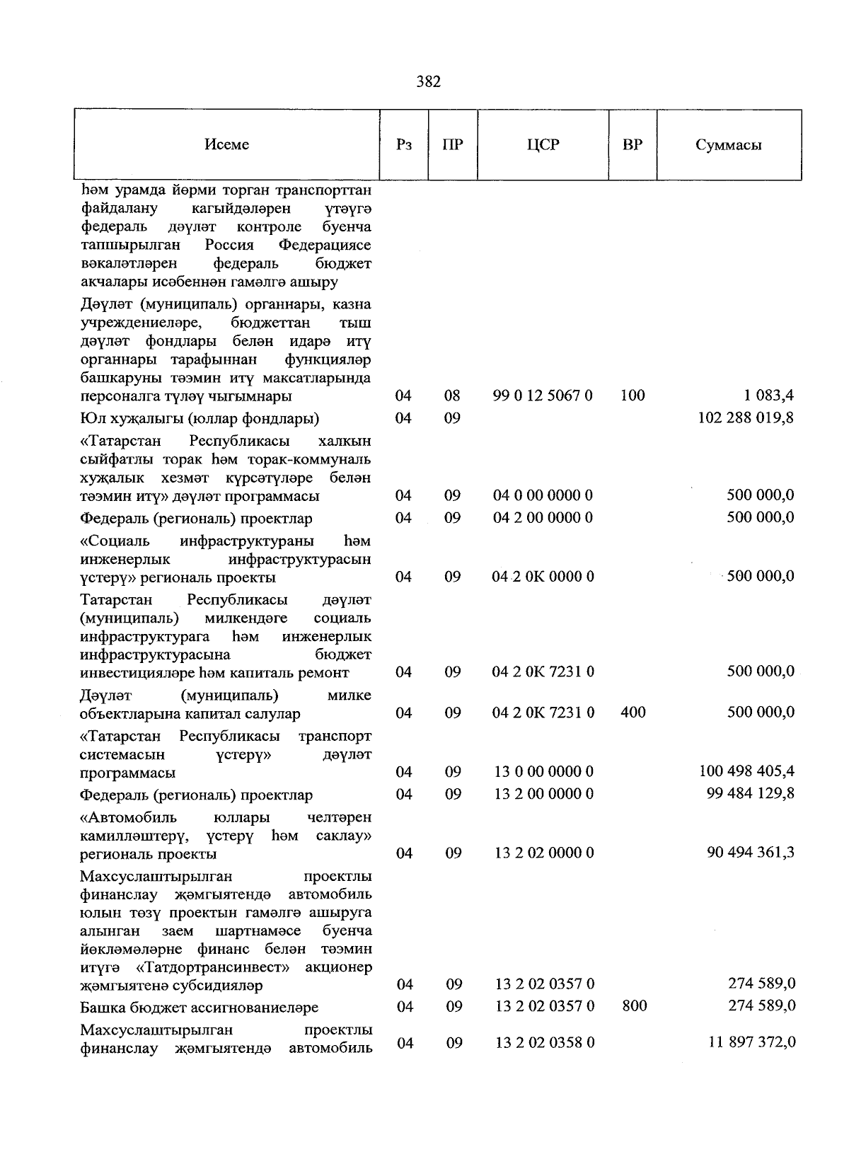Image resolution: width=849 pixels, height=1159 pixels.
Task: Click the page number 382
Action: [429, 82]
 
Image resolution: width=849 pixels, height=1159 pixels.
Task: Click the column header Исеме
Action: [226, 144]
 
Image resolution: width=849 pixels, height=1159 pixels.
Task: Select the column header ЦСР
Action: [543, 144]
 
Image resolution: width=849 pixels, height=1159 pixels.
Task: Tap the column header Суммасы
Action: [729, 145]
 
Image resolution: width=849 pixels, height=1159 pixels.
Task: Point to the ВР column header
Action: [633, 144]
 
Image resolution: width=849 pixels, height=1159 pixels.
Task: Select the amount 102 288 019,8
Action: [746, 417]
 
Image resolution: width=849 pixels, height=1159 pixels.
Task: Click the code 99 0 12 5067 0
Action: [543, 396]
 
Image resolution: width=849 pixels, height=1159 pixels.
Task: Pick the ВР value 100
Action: [633, 396]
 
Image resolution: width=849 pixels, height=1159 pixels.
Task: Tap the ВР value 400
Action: [633, 713]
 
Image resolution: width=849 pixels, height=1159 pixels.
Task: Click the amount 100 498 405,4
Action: [746, 771]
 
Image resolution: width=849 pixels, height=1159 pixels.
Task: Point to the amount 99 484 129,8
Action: [750, 793]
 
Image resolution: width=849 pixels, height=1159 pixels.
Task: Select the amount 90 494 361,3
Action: [750, 852]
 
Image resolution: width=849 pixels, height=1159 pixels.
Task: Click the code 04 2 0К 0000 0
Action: [543, 577]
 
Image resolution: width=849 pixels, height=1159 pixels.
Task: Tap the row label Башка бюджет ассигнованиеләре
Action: [199, 1007]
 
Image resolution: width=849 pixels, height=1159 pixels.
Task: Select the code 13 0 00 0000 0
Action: [543, 771]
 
